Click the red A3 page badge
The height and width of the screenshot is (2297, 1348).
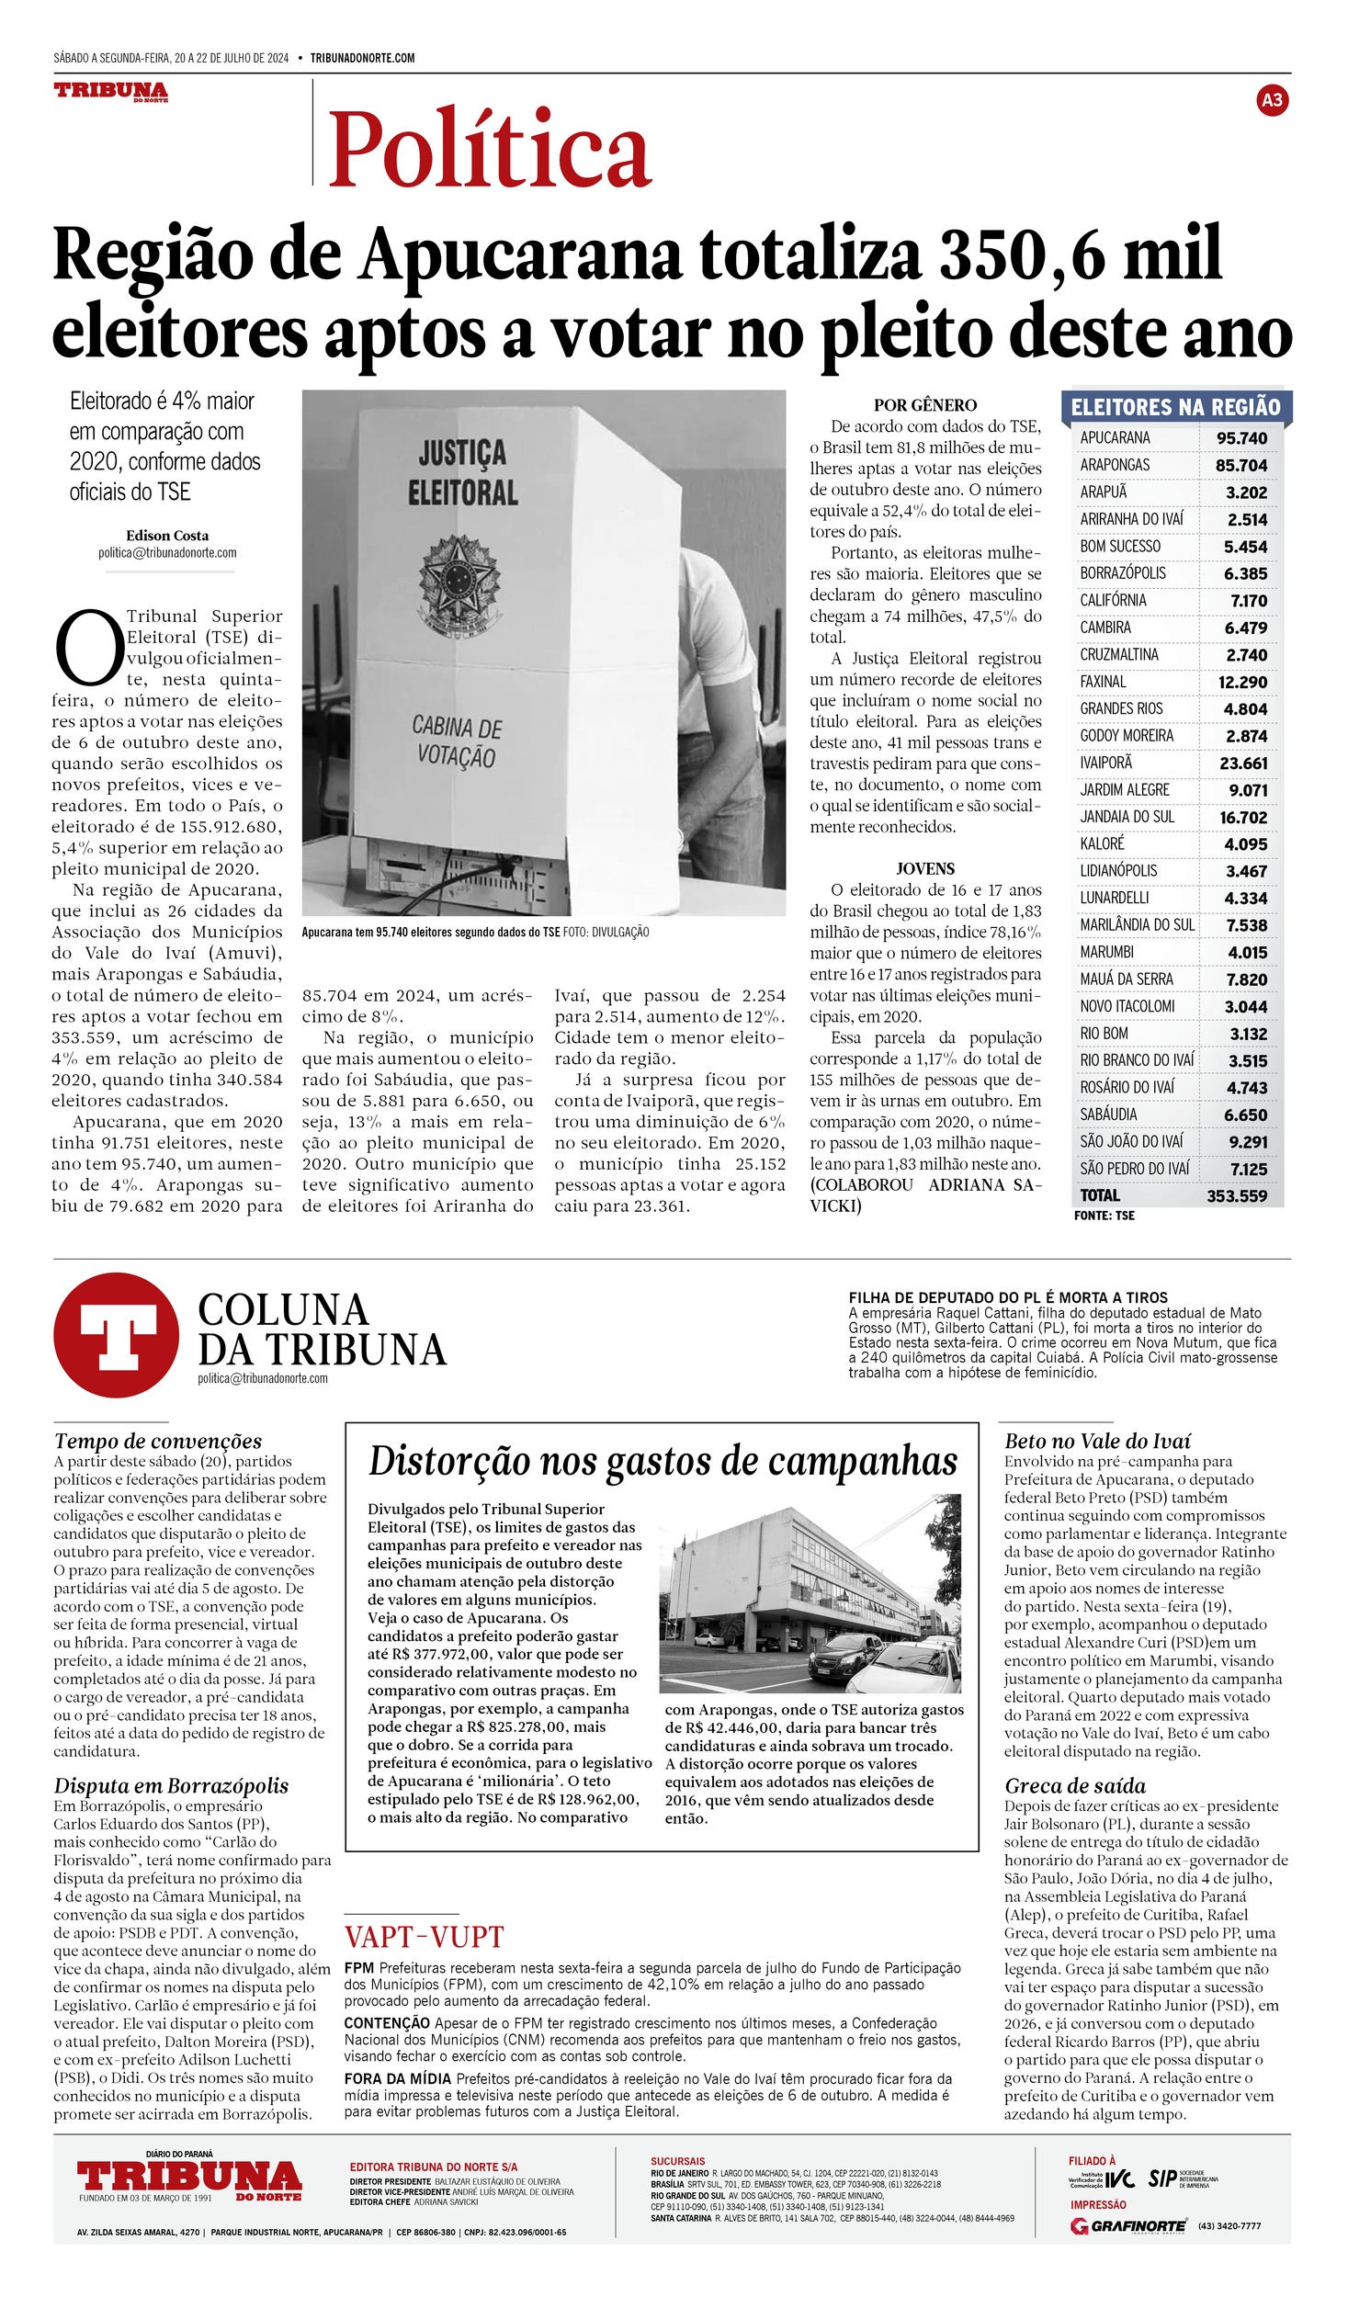coord(1272,100)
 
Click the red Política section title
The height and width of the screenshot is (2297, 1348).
coord(489,148)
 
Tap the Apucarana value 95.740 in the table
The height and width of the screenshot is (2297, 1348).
coord(1240,438)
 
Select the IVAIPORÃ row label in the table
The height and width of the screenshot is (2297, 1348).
coord(1105,763)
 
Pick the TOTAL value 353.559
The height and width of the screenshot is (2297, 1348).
coord(1236,1195)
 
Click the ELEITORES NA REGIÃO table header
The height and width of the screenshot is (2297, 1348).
coord(1175,407)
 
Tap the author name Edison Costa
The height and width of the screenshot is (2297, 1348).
coord(167,536)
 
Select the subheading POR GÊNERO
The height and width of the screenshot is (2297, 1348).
coord(924,405)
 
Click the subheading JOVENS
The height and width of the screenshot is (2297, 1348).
coord(924,868)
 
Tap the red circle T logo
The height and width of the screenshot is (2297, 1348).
coord(116,1334)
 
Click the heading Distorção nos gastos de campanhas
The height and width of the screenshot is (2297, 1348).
coord(662,1461)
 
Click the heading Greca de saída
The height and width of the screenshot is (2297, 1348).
coord(1074,1785)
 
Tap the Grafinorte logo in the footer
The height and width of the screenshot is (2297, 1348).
coord(1127,2225)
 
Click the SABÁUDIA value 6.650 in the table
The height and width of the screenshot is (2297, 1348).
coord(1245,1115)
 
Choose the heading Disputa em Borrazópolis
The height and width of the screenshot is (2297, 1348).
coord(171,1785)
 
